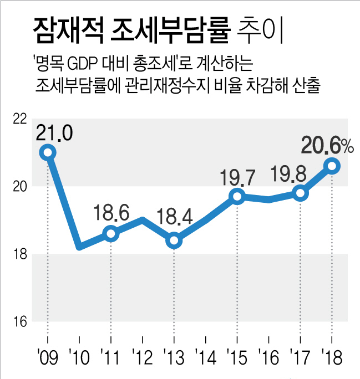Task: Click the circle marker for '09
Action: click(x=48, y=152)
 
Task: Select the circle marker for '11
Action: click(x=111, y=233)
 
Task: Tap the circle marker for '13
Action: click(x=174, y=240)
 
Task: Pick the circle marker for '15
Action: click(x=237, y=196)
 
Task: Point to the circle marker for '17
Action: click(x=301, y=193)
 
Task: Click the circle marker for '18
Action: click(x=332, y=165)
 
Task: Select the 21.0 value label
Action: click(x=54, y=133)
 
